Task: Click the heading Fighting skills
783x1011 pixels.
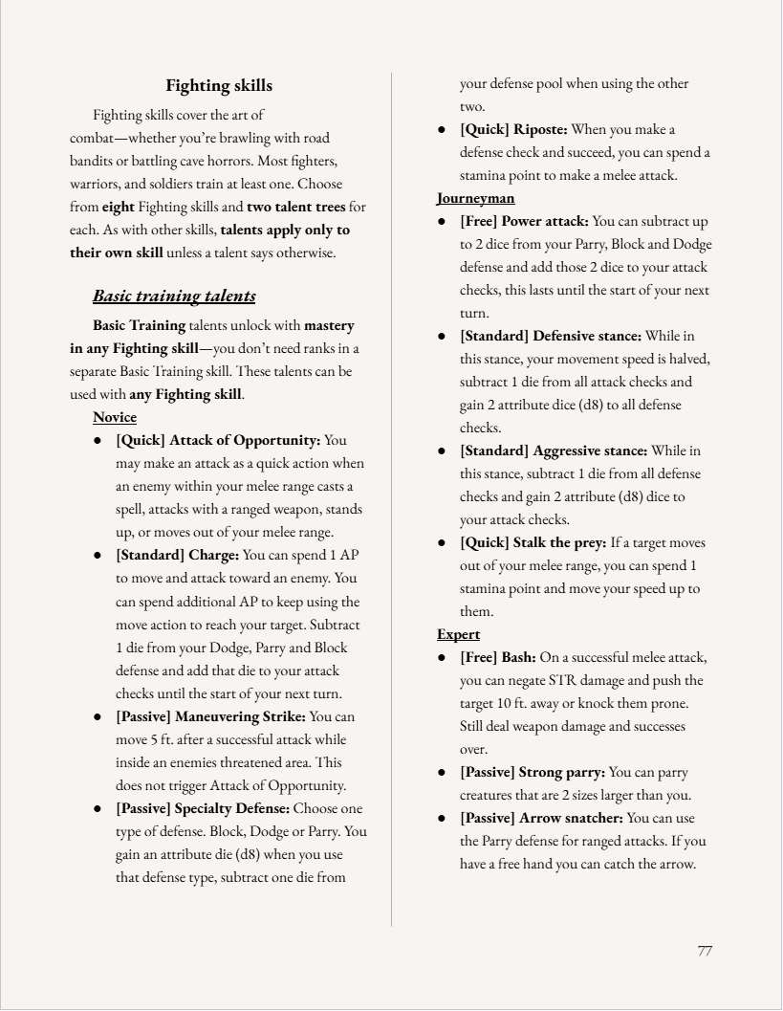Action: click(x=219, y=86)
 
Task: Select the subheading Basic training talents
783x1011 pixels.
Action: click(x=174, y=296)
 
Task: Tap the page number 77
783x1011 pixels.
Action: click(x=705, y=950)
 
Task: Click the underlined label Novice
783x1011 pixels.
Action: click(x=115, y=418)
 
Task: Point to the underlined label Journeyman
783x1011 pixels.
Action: click(x=476, y=198)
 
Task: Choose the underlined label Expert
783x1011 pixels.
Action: click(x=459, y=634)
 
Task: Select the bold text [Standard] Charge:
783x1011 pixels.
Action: click(x=177, y=555)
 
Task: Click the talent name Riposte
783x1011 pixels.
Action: click(x=540, y=129)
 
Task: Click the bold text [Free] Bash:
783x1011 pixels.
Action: click(x=497, y=657)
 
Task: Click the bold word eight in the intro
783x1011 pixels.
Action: click(x=118, y=207)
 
